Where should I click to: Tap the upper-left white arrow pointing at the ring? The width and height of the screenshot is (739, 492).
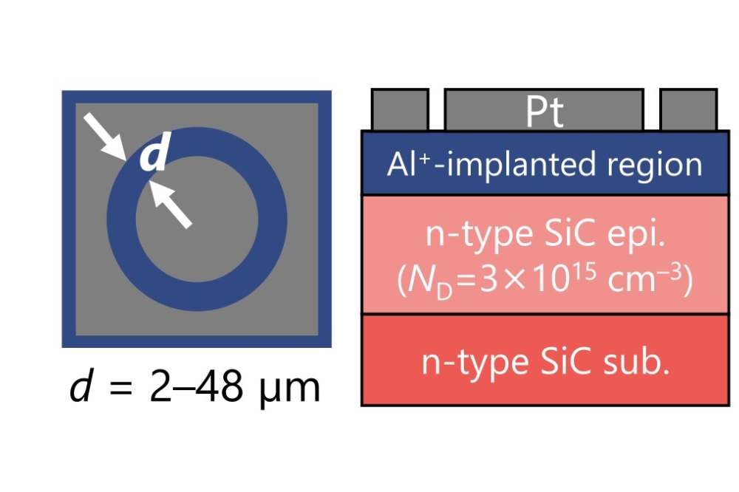104,137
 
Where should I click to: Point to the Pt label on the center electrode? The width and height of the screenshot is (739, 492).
545,112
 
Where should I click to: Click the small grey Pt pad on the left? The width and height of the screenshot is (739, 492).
399,109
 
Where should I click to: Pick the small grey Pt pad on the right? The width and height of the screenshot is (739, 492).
688,109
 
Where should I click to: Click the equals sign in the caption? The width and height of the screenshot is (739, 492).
120,389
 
